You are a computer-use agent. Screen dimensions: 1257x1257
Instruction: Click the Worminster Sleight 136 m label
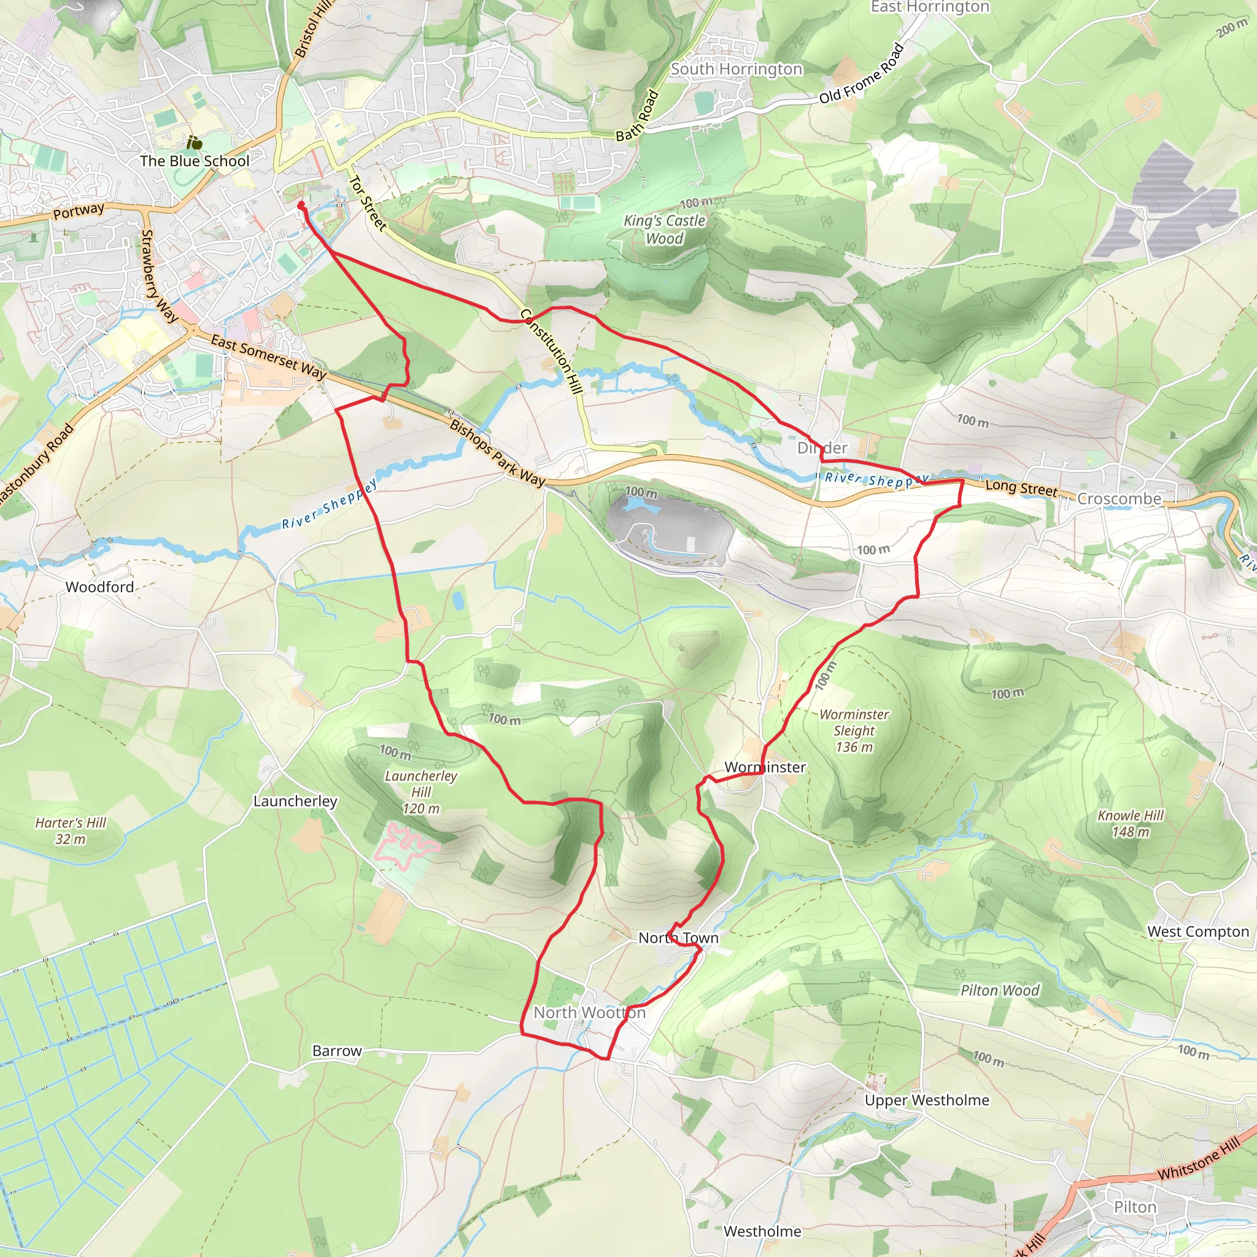pyautogui.click(x=854, y=730)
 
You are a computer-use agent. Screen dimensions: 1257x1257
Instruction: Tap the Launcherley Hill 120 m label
pyautogui.click(x=421, y=792)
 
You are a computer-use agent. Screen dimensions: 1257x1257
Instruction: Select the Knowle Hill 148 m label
pyautogui.click(x=1130, y=823)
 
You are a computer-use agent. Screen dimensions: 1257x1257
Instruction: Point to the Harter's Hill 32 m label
pyautogui.click(x=70, y=831)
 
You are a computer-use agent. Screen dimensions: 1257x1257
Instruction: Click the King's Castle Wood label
pyautogui.click(x=664, y=230)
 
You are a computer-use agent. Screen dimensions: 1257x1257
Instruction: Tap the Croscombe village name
pyautogui.click(x=1119, y=499)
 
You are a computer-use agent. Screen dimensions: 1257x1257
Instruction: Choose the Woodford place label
pyautogui.click(x=99, y=587)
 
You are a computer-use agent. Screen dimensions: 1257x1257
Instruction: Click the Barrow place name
pyautogui.click(x=336, y=1051)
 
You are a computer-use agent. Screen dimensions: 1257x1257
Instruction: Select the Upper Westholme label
pyautogui.click(x=926, y=1100)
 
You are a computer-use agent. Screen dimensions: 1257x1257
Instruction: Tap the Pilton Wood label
pyautogui.click(x=1000, y=990)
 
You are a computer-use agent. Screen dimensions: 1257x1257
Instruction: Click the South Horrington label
pyautogui.click(x=737, y=69)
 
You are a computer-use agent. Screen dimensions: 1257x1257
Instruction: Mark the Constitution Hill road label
pyautogui.click(x=552, y=351)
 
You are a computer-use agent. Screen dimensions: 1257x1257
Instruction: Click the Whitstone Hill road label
pyautogui.click(x=1199, y=1159)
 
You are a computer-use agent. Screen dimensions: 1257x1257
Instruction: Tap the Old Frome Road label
pyautogui.click(x=861, y=74)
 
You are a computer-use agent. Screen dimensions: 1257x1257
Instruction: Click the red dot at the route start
pyautogui.click(x=301, y=205)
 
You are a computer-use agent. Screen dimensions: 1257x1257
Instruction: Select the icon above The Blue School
pyautogui.click(x=194, y=142)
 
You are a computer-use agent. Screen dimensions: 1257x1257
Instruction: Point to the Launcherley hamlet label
pyautogui.click(x=295, y=801)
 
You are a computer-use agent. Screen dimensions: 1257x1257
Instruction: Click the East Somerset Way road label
pyautogui.click(x=268, y=357)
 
